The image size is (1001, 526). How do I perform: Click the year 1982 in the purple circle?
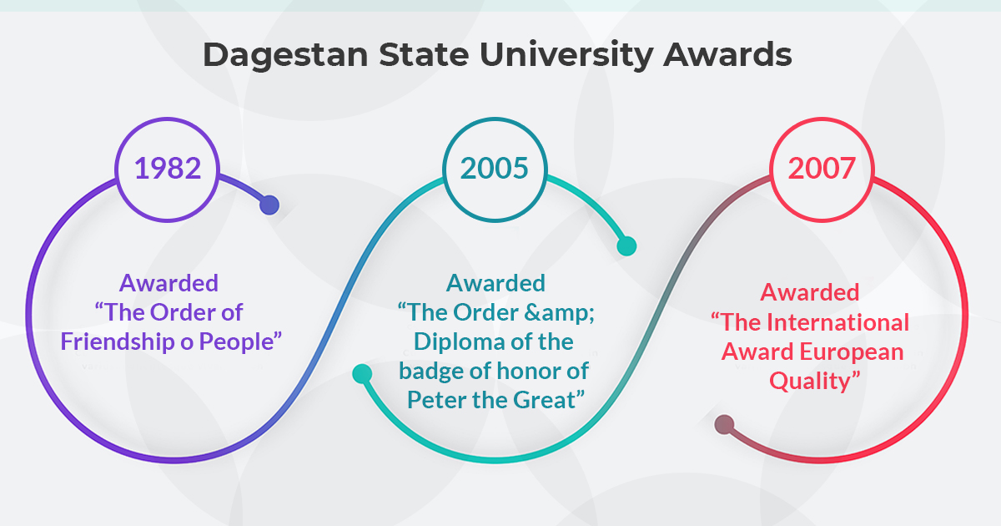pyautogui.click(x=168, y=168)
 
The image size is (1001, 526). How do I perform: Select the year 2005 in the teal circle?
pyautogui.click(x=494, y=168)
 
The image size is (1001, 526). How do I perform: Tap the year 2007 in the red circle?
pyautogui.click(x=822, y=168)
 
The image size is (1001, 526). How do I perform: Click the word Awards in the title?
pyautogui.click(x=727, y=54)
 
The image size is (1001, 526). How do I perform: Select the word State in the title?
pyautogui.click(x=424, y=54)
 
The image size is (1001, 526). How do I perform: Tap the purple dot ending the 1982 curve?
pyautogui.click(x=269, y=205)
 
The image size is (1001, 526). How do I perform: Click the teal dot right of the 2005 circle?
pyautogui.click(x=626, y=246)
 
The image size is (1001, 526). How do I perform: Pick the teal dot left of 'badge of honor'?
pyautogui.click(x=362, y=374)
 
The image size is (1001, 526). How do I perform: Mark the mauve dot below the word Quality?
pyautogui.click(x=724, y=424)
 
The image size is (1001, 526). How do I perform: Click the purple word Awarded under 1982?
pyautogui.click(x=169, y=283)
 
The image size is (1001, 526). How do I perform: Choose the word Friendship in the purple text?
pyautogui.click(x=118, y=342)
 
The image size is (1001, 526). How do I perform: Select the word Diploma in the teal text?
pyautogui.click(x=460, y=342)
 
